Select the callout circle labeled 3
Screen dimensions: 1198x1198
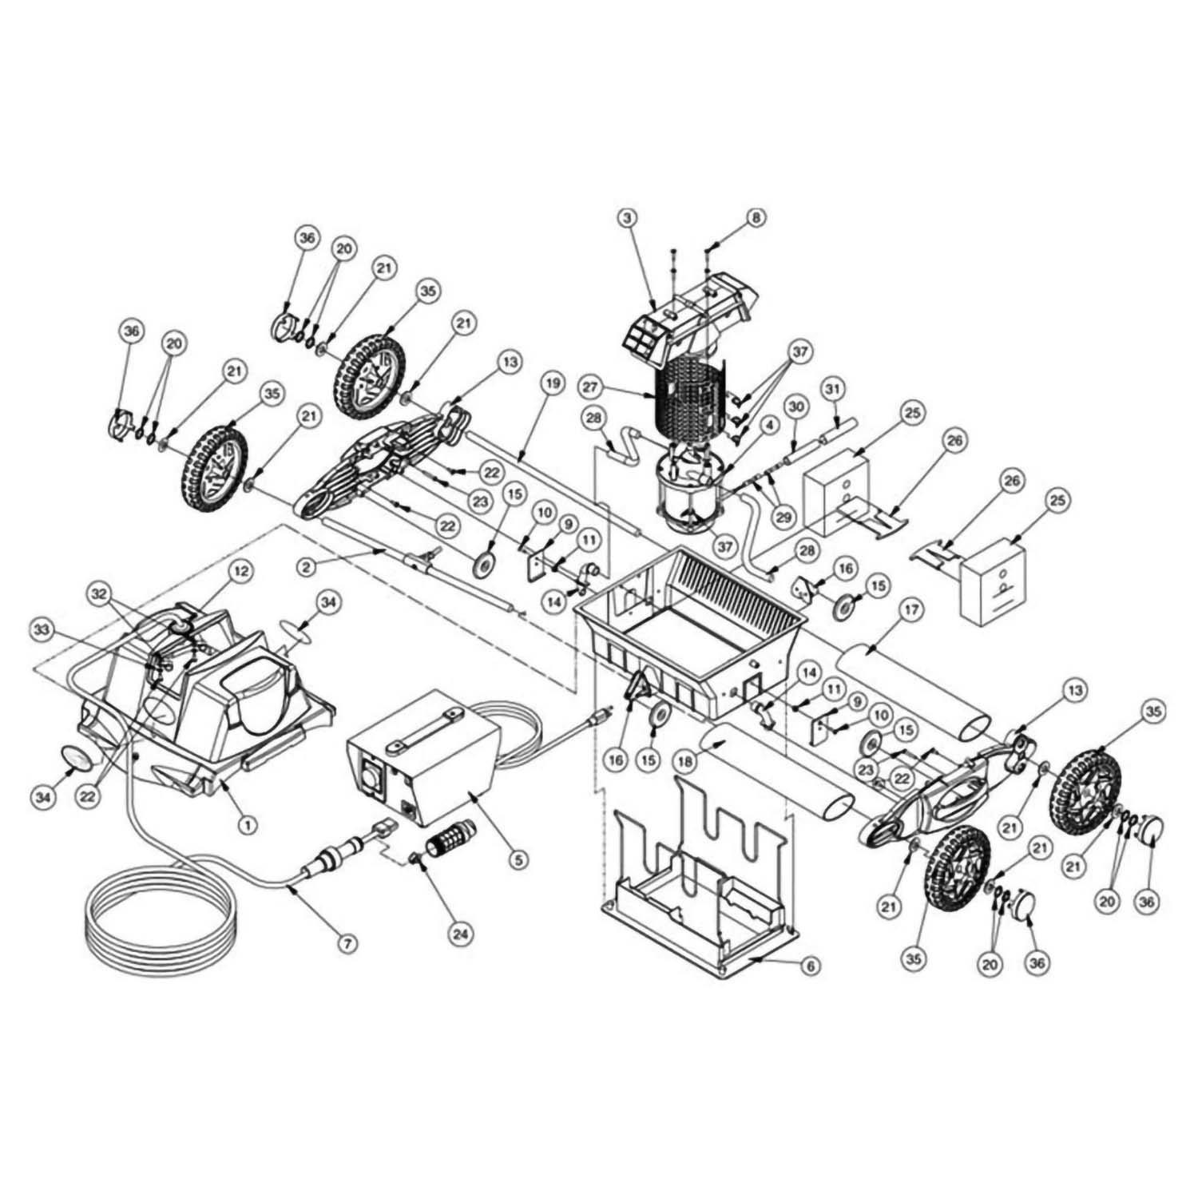coord(629,217)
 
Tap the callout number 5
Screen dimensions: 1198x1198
coord(518,859)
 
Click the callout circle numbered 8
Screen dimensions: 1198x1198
coord(756,217)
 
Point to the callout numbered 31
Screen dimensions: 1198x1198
coord(832,389)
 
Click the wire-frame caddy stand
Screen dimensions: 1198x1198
coord(695,879)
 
